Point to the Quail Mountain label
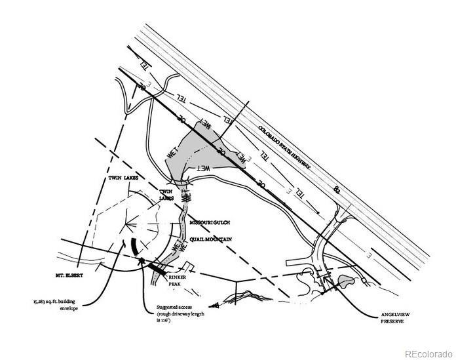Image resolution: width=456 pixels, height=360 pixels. click(x=211, y=240)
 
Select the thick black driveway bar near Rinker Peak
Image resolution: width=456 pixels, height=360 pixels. click(x=158, y=268)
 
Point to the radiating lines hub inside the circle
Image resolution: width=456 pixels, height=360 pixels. click(x=130, y=226)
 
